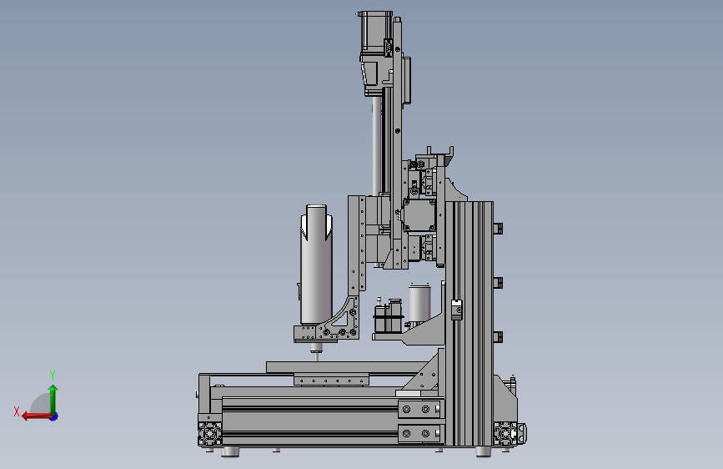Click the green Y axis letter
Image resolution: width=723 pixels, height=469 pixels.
(53, 375)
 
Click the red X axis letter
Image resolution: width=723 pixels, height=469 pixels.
(17, 411)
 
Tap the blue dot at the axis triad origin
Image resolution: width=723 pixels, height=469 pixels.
(54, 416)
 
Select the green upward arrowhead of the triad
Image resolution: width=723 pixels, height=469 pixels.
(53, 389)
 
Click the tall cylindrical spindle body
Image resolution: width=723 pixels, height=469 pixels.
(316, 265)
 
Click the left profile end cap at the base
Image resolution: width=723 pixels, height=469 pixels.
(210, 434)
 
